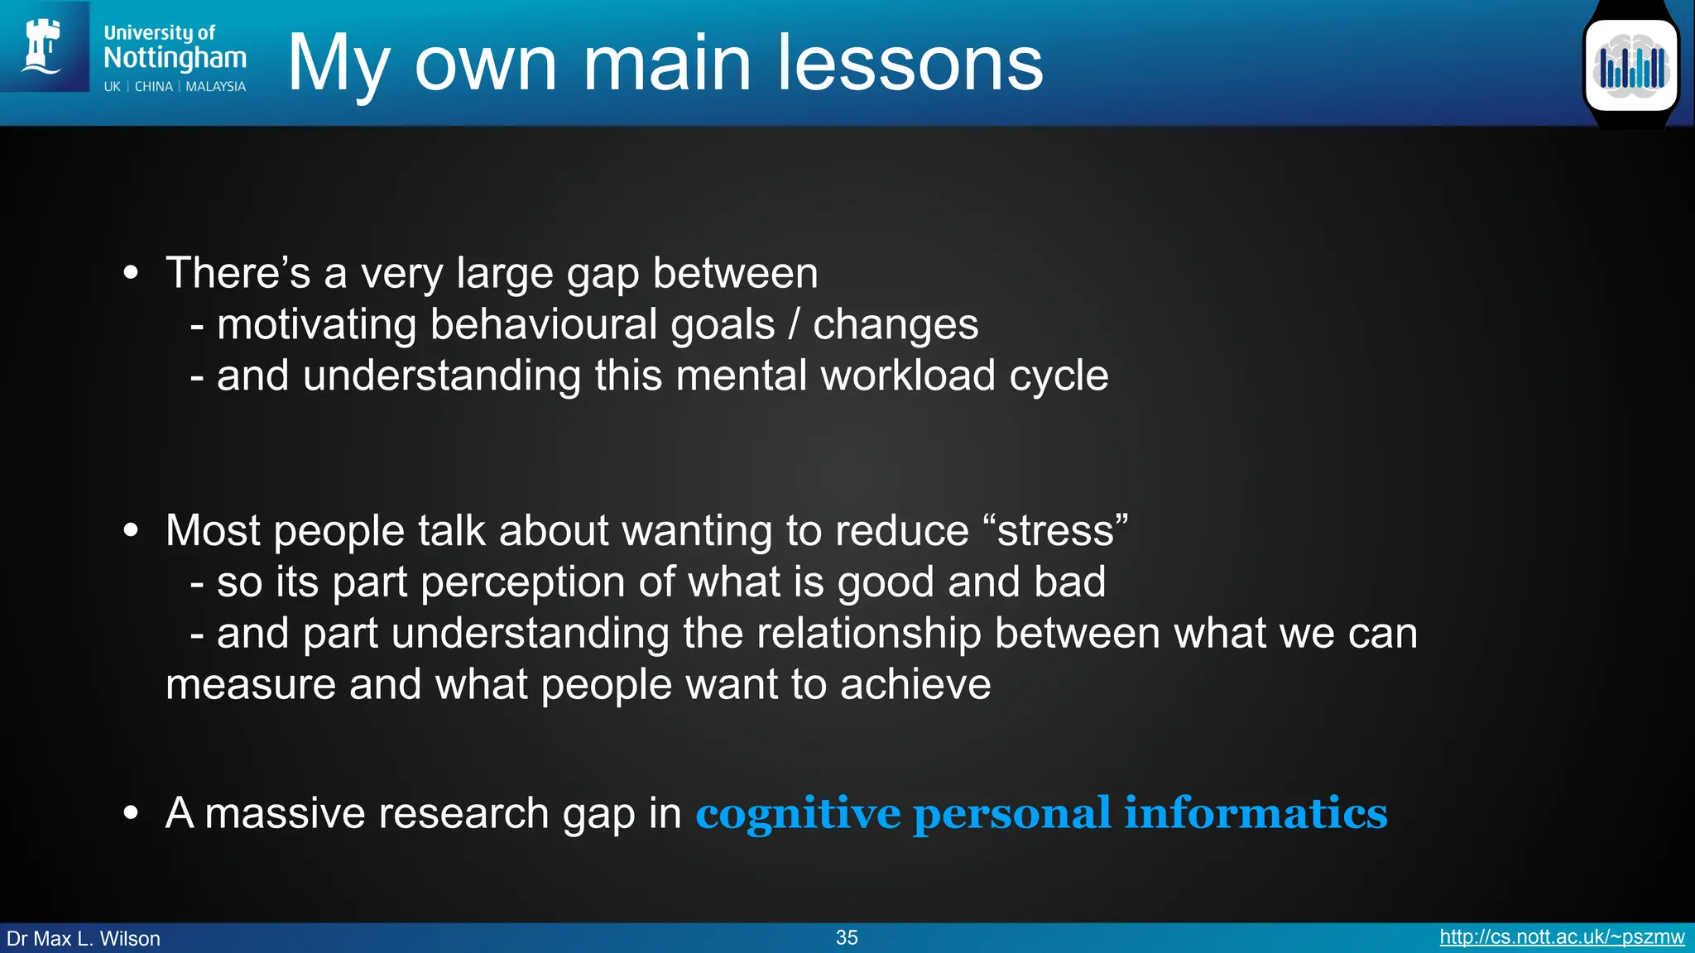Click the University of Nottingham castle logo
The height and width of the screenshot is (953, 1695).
[43, 46]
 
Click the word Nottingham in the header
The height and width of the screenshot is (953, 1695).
[175, 58]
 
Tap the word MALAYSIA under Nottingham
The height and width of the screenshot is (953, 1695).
[215, 87]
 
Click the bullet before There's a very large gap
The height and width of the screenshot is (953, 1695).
[131, 273]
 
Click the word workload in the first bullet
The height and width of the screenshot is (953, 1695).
[907, 376]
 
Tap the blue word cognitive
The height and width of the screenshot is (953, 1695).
[797, 814]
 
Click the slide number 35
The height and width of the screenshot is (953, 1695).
[847, 937]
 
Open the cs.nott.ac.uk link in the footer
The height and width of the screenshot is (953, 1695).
[1561, 937]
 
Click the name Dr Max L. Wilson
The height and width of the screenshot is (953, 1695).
[84, 938]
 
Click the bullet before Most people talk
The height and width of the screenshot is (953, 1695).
[131, 530]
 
